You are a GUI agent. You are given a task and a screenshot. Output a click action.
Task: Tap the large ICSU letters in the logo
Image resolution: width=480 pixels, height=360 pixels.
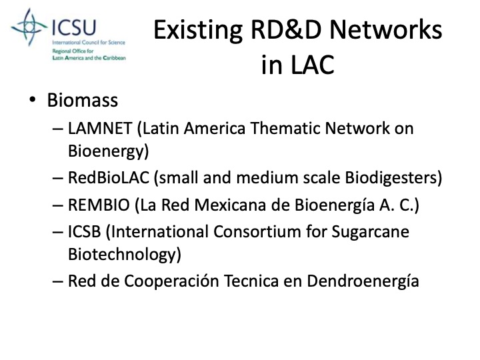coord(74,28)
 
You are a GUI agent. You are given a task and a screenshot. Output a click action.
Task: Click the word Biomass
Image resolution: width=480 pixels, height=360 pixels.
coord(83,101)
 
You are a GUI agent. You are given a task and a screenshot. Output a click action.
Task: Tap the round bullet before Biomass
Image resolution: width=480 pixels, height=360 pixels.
coord(32,101)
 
